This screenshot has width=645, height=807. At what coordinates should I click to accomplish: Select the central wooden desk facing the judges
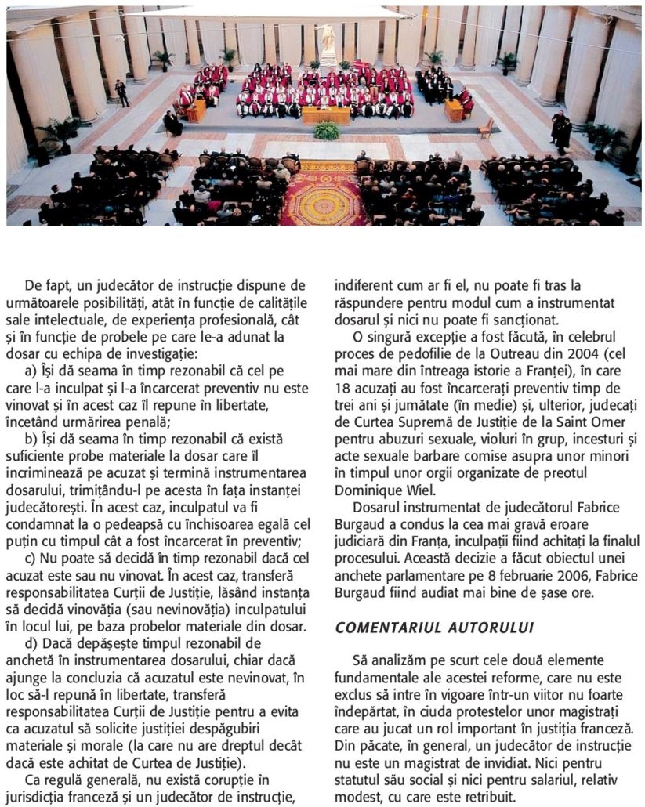tap(326, 115)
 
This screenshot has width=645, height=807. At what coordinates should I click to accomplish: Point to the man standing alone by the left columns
tap(121, 92)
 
